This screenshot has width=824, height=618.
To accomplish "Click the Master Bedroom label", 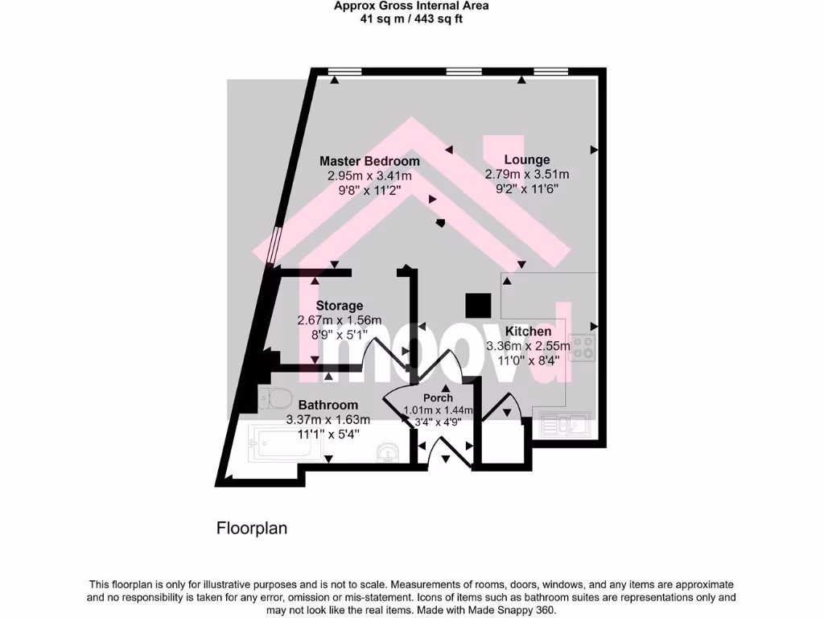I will [369, 161].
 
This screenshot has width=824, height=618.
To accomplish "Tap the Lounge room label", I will [527, 159].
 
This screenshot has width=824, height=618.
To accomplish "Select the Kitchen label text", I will [528, 332].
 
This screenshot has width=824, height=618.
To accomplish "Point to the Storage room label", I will [339, 306].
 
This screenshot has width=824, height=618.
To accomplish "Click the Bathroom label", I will [328, 405].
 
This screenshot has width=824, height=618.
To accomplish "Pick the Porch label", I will [438, 398].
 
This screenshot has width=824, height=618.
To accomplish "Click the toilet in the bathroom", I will [276, 398].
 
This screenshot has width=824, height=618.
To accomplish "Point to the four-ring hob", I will [584, 348].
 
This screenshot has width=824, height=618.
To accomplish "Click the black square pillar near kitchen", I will [479, 305].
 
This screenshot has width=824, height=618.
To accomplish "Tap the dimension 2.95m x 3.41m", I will [369, 175].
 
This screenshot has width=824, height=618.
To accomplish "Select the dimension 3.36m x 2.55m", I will [528, 346].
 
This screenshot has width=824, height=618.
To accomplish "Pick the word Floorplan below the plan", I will [252, 529].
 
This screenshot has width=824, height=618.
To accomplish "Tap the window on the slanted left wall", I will [274, 245].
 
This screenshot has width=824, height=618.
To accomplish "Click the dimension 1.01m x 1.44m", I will [438, 410].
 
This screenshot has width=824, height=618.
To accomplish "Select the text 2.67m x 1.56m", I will [339, 319].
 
